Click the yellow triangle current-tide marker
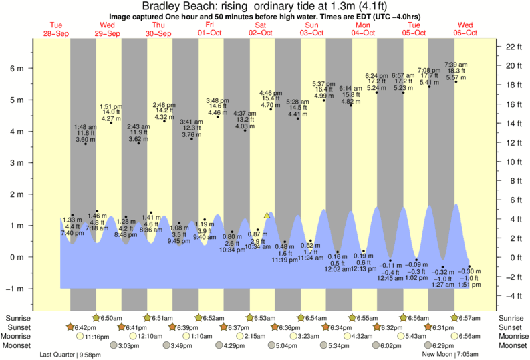(267, 215)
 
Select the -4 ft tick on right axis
(513, 296)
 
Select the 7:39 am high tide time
(456, 63)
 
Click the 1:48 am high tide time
(85, 127)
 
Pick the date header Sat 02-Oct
(259, 29)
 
